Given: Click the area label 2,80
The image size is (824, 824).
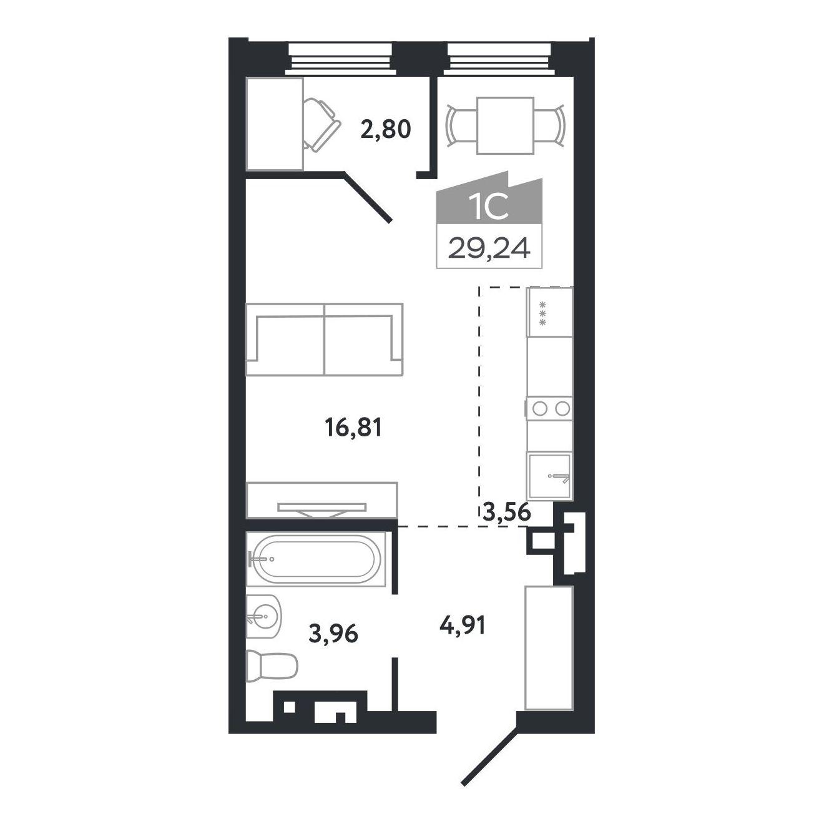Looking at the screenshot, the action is pyautogui.click(x=386, y=129).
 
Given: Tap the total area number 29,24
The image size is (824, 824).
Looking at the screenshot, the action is pyautogui.click(x=489, y=248).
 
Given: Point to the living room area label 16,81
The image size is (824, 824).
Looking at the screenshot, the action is pyautogui.click(x=353, y=428).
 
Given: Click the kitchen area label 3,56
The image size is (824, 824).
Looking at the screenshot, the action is pyautogui.click(x=506, y=511).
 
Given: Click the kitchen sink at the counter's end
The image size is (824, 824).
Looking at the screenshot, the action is pyautogui.click(x=549, y=476).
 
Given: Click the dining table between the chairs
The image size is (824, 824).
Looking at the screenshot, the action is pyautogui.click(x=506, y=125).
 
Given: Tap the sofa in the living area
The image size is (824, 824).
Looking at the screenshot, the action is pyautogui.click(x=324, y=339).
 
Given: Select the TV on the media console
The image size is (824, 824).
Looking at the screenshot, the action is pyautogui.click(x=322, y=509).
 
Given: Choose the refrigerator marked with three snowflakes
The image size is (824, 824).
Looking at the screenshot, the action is pyautogui.click(x=551, y=311).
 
